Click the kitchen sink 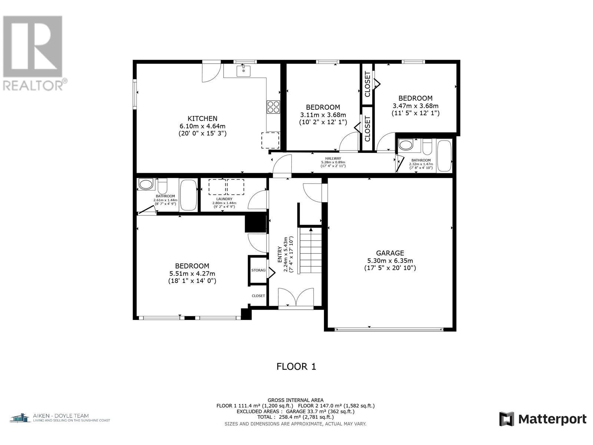pyautogui.click(x=243, y=71)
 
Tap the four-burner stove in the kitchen pyautogui.click(x=273, y=107)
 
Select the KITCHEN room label pyautogui.click(x=202, y=119)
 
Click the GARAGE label pyautogui.click(x=390, y=253)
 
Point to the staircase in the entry pyautogui.click(x=310, y=250)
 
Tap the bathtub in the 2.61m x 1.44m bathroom pyautogui.click(x=188, y=195)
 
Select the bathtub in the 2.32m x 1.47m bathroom pyautogui.click(x=444, y=156)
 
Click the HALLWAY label pyautogui.click(x=333, y=159)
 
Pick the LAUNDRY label pyautogui.click(x=224, y=199)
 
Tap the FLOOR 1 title pyautogui.click(x=296, y=367)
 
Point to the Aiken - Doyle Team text pyautogui.click(x=60, y=416)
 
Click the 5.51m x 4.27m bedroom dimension pyautogui.click(x=192, y=274)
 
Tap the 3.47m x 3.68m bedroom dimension pyautogui.click(x=415, y=106)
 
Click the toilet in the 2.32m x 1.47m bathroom pyautogui.click(x=427, y=145)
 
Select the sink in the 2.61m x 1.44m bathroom pyautogui.click(x=145, y=185)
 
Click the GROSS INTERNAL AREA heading pyautogui.click(x=295, y=400)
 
